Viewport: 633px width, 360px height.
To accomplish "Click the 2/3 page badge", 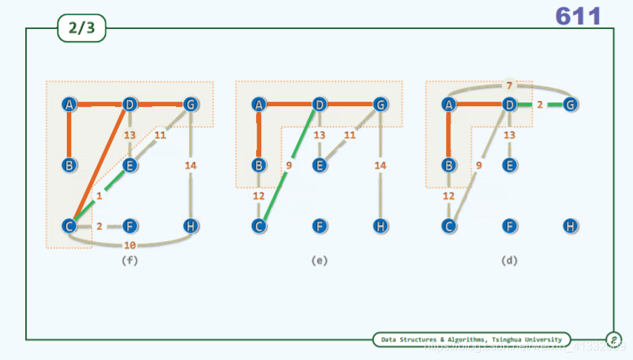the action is point(82,29).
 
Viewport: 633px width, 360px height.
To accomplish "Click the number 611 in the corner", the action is point(578,16).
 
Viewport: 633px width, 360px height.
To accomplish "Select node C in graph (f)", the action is point(69,225).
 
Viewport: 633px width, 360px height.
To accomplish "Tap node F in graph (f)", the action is point(130,225).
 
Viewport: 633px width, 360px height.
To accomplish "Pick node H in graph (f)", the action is point(191,225).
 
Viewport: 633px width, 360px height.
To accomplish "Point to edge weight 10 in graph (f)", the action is point(130,245).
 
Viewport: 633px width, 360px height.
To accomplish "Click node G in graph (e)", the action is point(380,105).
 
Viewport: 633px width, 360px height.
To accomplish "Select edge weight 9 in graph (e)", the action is point(289,166).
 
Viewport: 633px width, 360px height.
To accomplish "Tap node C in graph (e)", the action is point(259,225).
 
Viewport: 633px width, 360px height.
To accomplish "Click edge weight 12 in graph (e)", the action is point(259,196).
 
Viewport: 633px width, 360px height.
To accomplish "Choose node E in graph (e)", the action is point(319,165).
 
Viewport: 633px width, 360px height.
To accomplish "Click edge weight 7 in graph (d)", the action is point(509,86).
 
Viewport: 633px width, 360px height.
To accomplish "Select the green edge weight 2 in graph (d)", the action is point(539,105).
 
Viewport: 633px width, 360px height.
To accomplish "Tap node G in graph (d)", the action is point(570,105).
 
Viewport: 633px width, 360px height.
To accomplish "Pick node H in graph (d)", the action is point(570,225).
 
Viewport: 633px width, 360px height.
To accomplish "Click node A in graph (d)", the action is point(448,105).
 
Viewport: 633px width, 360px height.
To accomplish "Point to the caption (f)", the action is point(130,261).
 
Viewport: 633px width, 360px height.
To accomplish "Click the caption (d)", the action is point(509,261).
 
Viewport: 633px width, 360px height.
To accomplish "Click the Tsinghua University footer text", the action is point(471,339).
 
